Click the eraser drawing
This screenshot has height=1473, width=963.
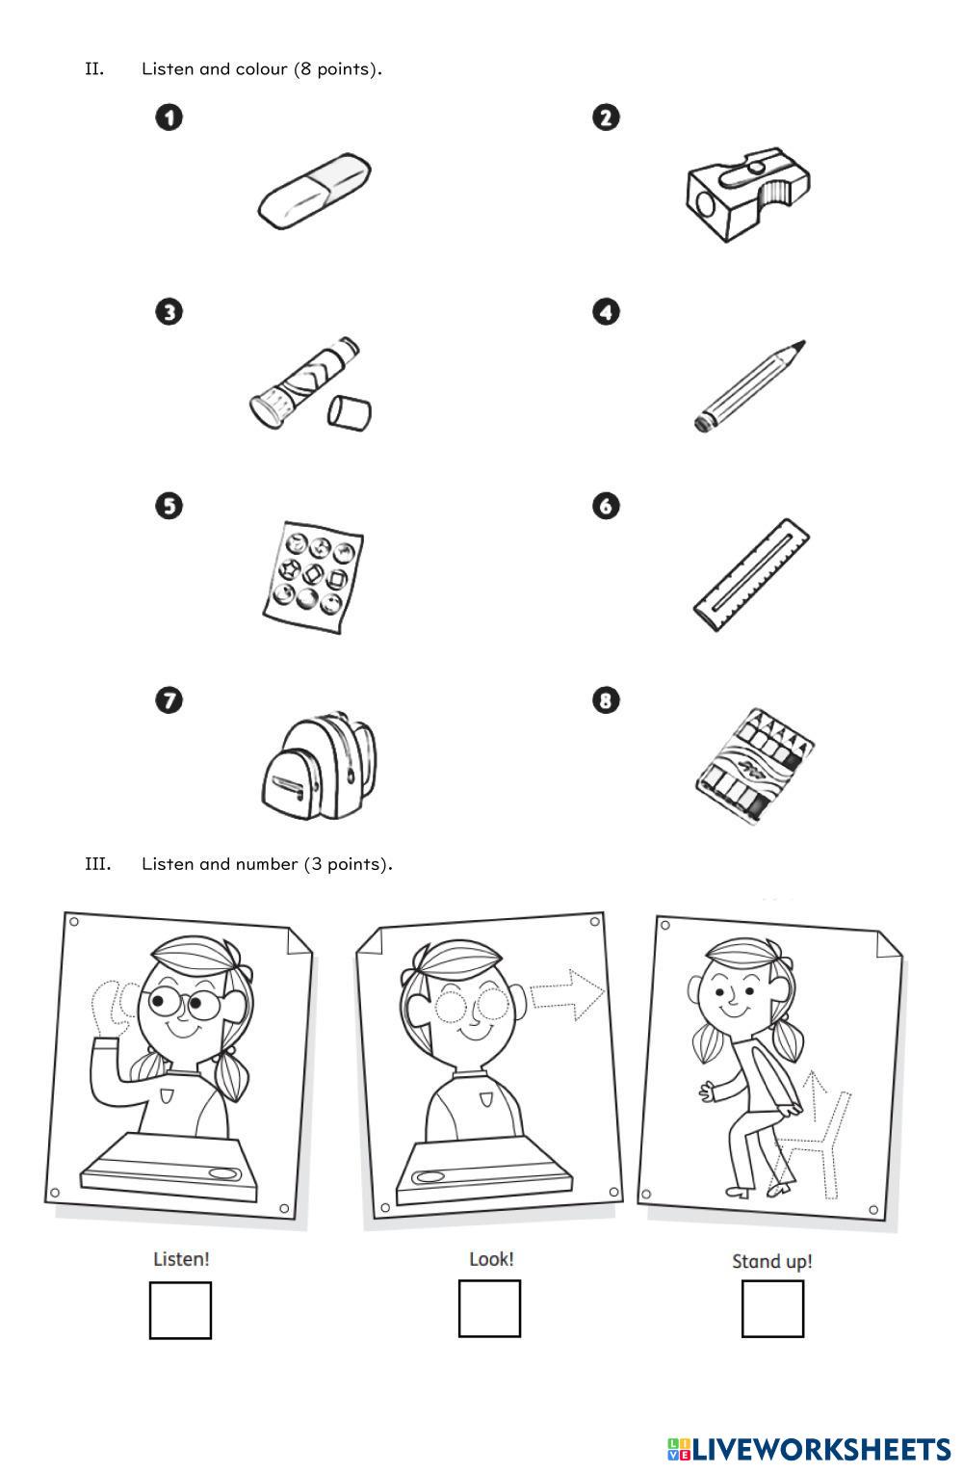(x=314, y=191)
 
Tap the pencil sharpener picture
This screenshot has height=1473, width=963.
(x=748, y=195)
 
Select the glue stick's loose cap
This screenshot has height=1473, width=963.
(x=349, y=413)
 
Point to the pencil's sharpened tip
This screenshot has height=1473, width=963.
(x=802, y=343)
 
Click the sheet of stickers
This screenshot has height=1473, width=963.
(x=312, y=577)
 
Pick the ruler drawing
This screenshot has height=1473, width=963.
(x=751, y=575)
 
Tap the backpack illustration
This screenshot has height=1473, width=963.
(x=319, y=765)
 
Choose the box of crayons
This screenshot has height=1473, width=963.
(x=755, y=765)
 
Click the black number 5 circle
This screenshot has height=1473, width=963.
(x=169, y=507)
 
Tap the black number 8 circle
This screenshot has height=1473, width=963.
(x=606, y=700)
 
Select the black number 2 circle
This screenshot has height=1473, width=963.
(x=606, y=118)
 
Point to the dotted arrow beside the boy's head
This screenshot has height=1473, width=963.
(x=567, y=994)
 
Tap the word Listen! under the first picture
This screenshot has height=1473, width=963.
(x=181, y=1259)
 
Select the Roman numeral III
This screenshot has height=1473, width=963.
(x=97, y=864)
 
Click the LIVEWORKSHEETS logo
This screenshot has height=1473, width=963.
(x=809, y=1449)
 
